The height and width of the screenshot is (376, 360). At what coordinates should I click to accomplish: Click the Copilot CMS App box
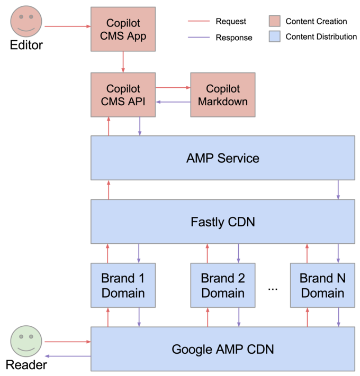pyautogui.click(x=123, y=29)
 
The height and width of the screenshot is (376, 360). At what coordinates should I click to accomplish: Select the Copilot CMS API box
pyautogui.click(x=123, y=95)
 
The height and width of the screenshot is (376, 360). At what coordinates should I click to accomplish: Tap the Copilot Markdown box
pyautogui.click(x=222, y=95)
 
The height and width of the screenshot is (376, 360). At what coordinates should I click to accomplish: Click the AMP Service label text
pyautogui.click(x=222, y=158)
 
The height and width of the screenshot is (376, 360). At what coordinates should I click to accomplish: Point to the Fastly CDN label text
pyautogui.click(x=222, y=222)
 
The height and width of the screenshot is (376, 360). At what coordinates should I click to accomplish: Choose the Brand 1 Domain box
pyautogui.click(x=123, y=285)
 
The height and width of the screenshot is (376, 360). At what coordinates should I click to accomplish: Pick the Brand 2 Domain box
pyautogui.click(x=222, y=285)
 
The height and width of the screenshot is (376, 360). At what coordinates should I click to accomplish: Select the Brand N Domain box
pyautogui.click(x=322, y=285)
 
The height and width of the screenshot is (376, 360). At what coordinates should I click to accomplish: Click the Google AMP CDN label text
pyautogui.click(x=222, y=349)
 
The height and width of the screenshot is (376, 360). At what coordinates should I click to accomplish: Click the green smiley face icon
pyautogui.click(x=26, y=341)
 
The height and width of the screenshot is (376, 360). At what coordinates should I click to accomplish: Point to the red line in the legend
pyautogui.click(x=199, y=21)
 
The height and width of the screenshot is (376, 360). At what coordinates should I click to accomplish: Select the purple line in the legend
pyautogui.click(x=199, y=37)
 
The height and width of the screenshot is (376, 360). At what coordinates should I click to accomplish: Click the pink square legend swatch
pyautogui.click(x=274, y=21)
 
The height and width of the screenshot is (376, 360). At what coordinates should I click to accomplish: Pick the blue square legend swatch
pyautogui.click(x=274, y=36)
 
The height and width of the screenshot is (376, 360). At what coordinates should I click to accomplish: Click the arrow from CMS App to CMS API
pyautogui.click(x=123, y=62)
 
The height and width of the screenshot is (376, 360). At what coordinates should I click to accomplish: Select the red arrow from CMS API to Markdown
pyautogui.click(x=173, y=88)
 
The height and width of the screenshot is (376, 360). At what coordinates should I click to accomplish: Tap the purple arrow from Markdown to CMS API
pyautogui.click(x=173, y=102)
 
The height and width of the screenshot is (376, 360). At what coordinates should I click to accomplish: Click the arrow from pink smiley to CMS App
pyautogui.click(x=66, y=25)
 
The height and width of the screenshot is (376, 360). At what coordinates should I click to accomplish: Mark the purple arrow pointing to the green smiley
pyautogui.click(x=66, y=356)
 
